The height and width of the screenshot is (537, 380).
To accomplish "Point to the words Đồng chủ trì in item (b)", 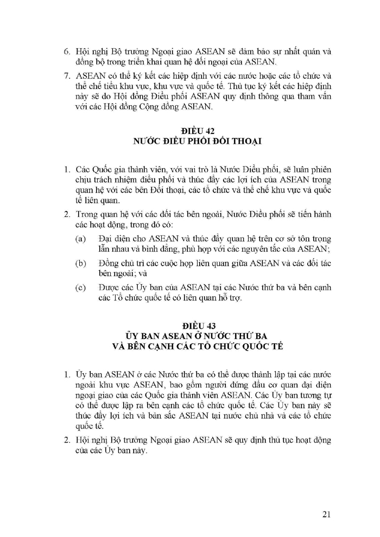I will pyautogui.click(x=118, y=263).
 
